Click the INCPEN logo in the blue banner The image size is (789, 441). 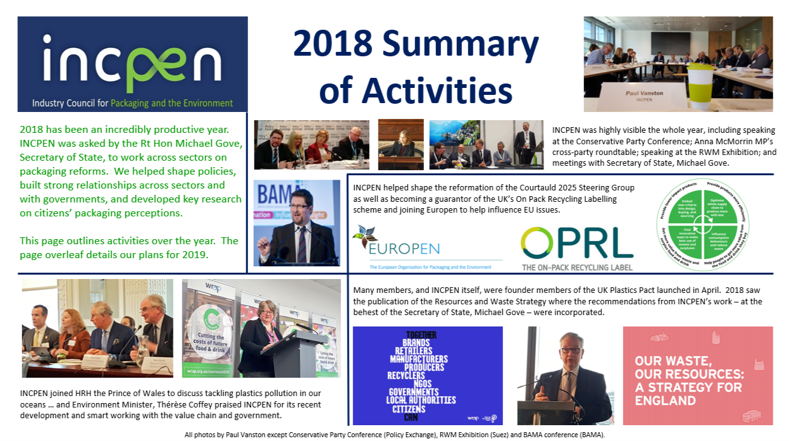coord(132,63)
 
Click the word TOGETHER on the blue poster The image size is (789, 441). coord(414,335)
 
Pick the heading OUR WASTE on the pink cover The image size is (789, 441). coord(673,361)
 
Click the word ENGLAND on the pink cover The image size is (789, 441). coord(666,401)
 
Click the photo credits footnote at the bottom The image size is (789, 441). coord(394,435)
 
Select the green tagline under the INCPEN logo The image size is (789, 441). coord(132,103)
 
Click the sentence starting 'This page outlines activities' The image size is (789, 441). coord(128,247)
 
